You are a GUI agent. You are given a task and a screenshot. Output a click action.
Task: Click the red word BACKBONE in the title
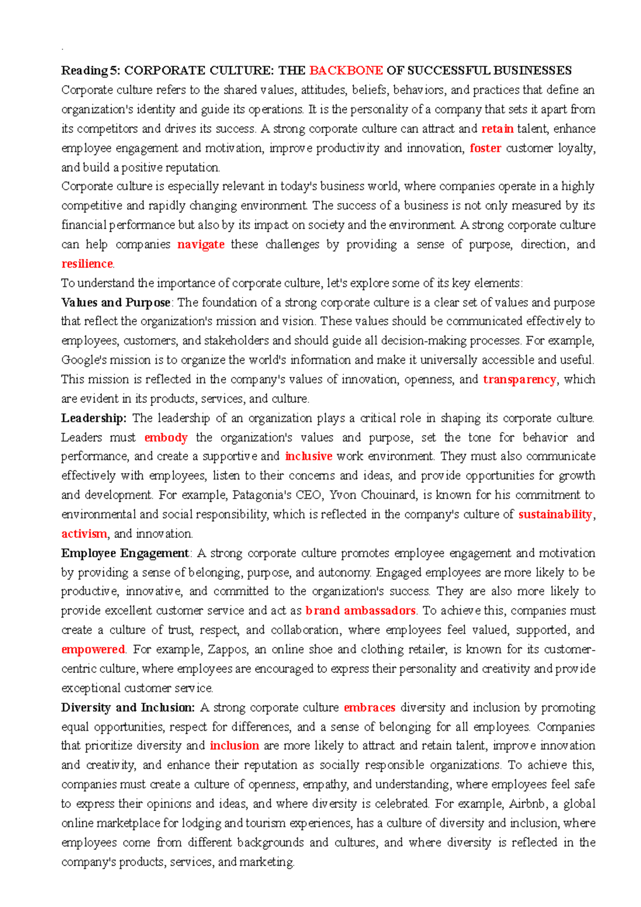[346, 71]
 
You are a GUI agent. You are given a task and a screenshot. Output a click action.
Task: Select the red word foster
[485, 148]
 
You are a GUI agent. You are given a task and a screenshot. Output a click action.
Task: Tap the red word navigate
[200, 245]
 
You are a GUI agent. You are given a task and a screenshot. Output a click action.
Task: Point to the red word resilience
[87, 264]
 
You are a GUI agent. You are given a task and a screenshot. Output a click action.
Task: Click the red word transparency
[519, 379]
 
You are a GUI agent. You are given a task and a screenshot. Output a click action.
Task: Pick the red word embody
[166, 437]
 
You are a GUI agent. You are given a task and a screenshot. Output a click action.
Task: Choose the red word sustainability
[555, 514]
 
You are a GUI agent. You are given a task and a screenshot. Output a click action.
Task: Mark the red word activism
[84, 534]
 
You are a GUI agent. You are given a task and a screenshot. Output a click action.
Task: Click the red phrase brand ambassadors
[360, 611]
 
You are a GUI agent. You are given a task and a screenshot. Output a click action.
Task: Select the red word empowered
[92, 650]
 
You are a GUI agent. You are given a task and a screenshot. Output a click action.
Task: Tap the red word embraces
[369, 708]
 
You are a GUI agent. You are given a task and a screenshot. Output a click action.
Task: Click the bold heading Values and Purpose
[115, 302]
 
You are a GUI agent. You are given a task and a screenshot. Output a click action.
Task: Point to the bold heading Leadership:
[93, 418]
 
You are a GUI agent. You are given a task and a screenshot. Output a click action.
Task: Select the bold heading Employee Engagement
[125, 553]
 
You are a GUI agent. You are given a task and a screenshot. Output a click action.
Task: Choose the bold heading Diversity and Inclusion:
[128, 708]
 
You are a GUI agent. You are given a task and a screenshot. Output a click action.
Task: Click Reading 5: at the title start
[91, 71]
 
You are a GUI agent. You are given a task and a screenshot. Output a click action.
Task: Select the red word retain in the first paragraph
[497, 129]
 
